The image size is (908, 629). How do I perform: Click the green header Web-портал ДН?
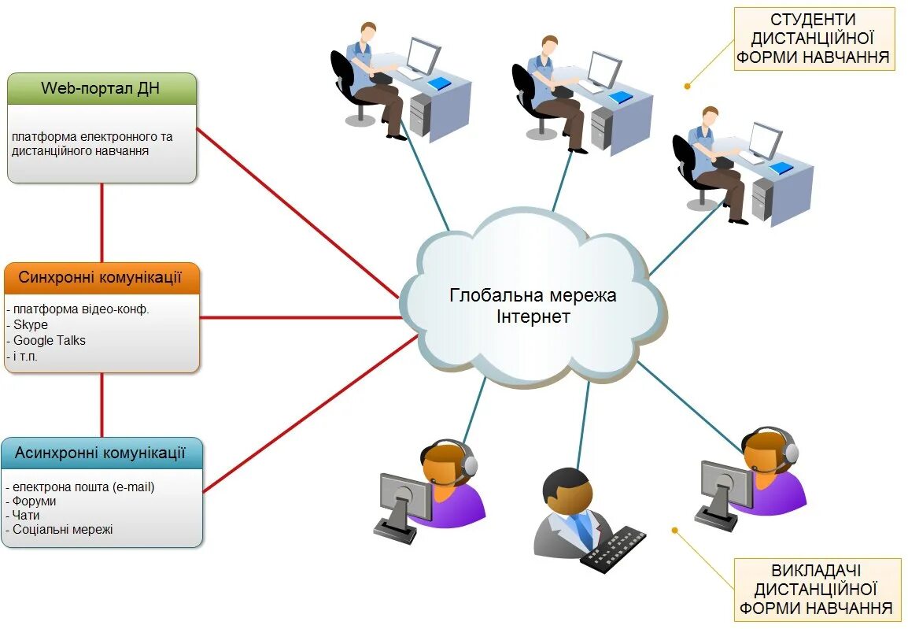[101, 88]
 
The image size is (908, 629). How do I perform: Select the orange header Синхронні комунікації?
[101, 278]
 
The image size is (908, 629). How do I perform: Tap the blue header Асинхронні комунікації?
[102, 453]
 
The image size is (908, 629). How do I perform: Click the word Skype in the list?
[31, 324]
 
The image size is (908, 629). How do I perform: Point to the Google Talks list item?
[50, 340]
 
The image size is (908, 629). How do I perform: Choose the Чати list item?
[26, 515]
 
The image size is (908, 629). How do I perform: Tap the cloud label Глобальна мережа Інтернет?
[533, 305]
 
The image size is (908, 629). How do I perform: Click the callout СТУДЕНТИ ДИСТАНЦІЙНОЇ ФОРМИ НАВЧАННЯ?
[814, 39]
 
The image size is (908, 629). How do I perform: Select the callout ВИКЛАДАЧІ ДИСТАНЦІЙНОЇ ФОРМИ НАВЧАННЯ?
[816, 589]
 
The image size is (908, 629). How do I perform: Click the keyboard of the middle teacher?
[613, 549]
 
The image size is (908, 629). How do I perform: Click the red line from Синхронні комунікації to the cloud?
[299, 318]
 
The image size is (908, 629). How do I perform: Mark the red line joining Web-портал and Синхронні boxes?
[102, 223]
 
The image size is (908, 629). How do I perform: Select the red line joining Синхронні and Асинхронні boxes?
[102, 405]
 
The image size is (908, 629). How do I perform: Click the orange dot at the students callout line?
[687, 85]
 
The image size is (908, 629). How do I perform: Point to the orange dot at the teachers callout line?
[674, 530]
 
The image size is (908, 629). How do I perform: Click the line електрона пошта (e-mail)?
[83, 487]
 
